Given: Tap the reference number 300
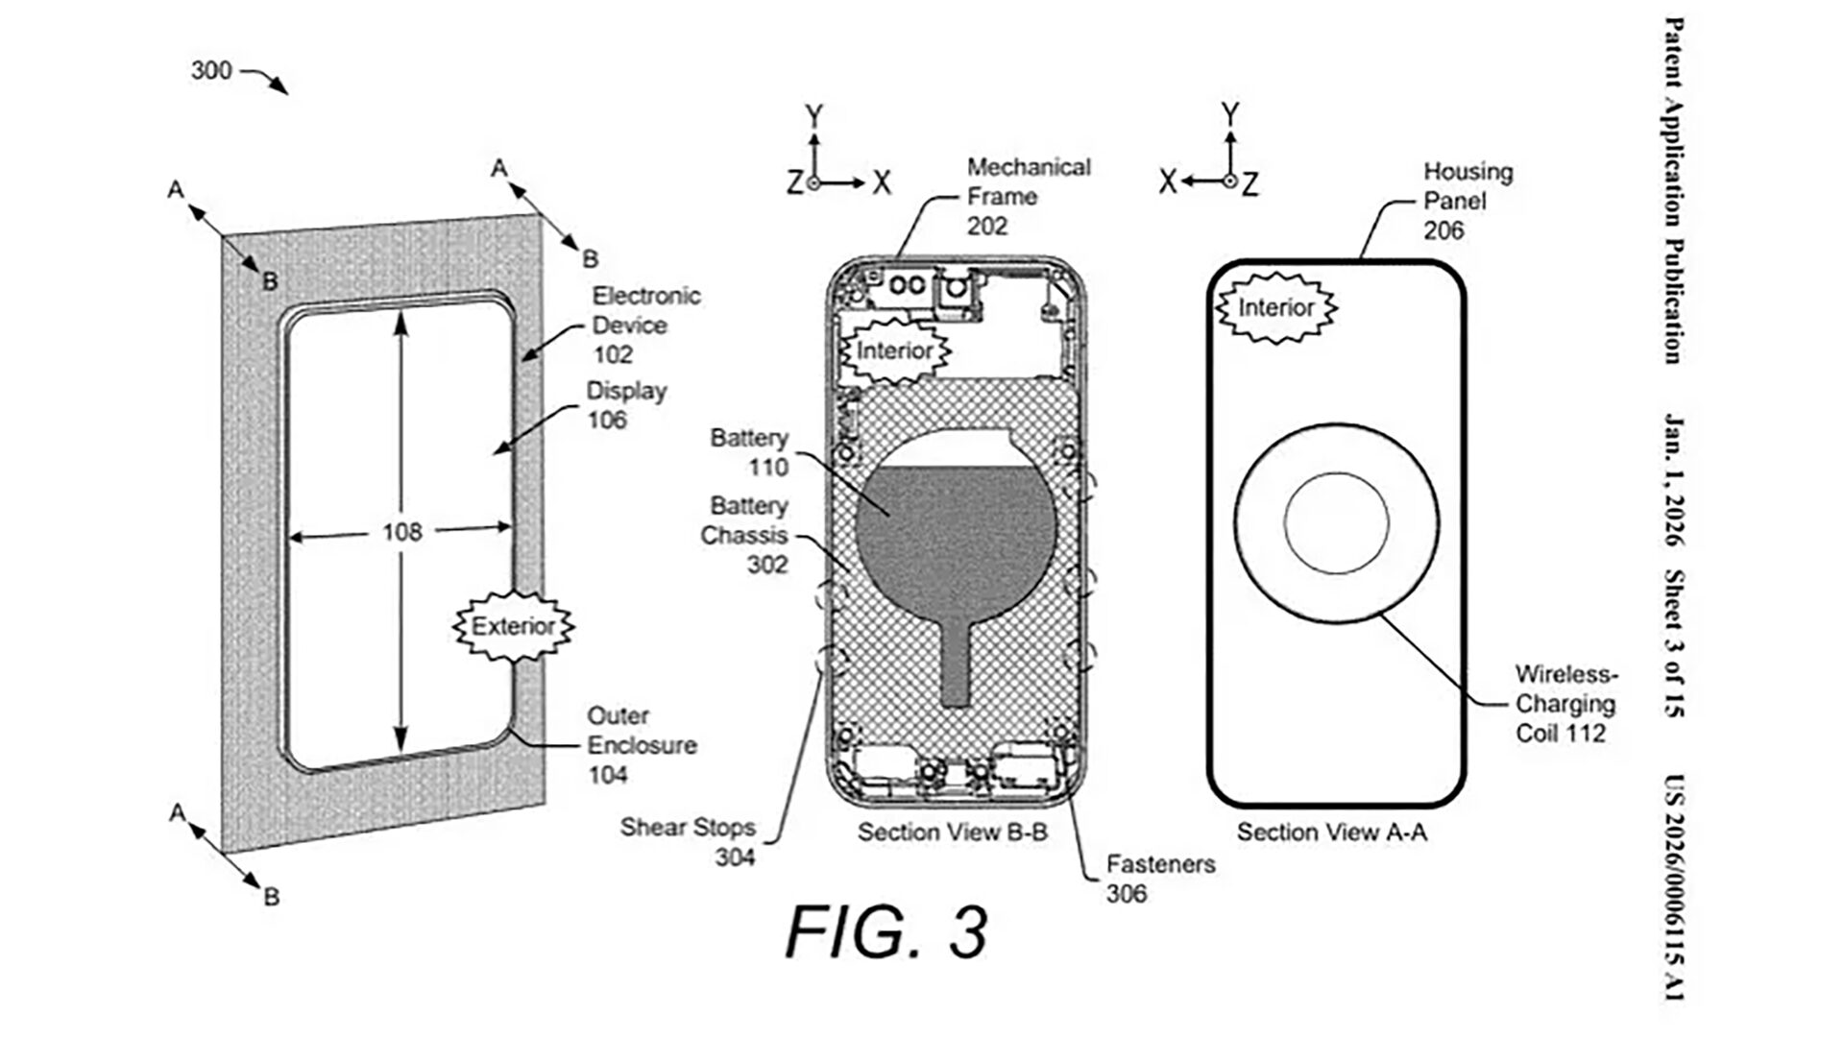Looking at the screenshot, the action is coord(211,70).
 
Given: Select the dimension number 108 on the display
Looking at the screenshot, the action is coord(401,531).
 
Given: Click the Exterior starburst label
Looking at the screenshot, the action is coord(514,627).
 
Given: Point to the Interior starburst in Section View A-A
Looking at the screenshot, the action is coord(1276,307).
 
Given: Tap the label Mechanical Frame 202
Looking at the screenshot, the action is coord(1029,197).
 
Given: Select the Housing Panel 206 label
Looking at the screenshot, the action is coord(1467,201).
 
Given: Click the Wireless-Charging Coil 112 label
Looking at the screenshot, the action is coord(1566,704).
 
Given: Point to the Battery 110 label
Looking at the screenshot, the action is coord(749,453).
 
